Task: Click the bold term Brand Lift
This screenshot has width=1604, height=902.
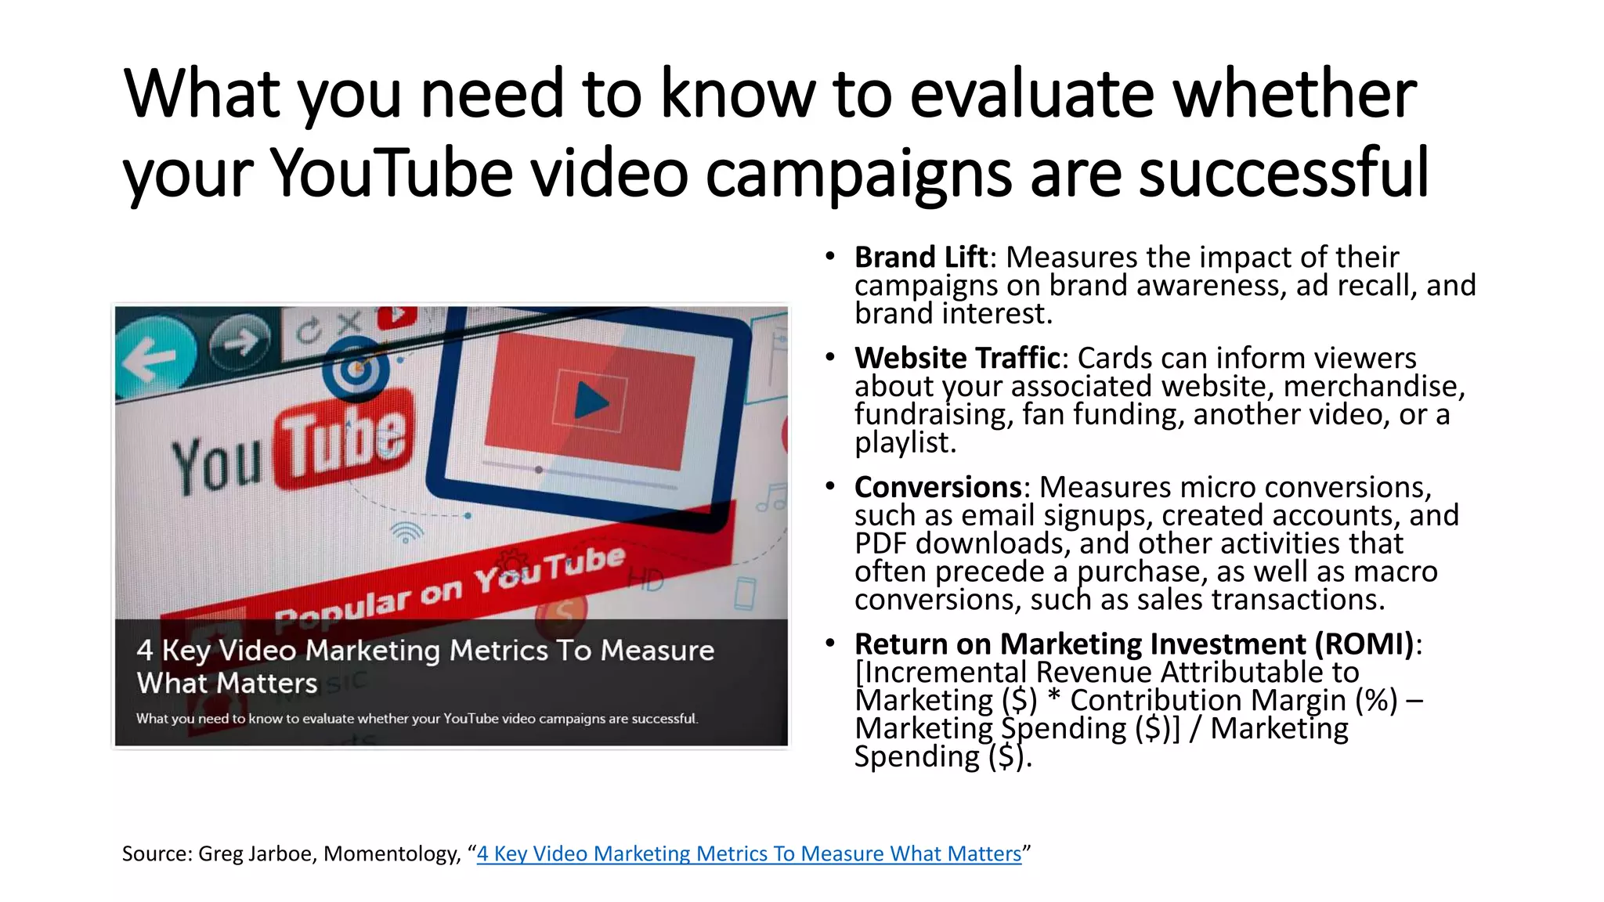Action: [920, 257]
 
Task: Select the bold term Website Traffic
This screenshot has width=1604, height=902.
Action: [957, 358]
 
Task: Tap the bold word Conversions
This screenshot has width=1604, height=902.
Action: [937, 487]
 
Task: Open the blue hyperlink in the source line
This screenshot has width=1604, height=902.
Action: [749, 853]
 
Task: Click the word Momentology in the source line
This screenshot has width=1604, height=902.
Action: [391, 853]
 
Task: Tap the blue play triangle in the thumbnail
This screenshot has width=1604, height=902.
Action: [591, 402]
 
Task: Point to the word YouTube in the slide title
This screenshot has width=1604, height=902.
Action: [392, 173]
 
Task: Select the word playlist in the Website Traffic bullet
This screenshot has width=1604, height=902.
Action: [905, 443]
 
